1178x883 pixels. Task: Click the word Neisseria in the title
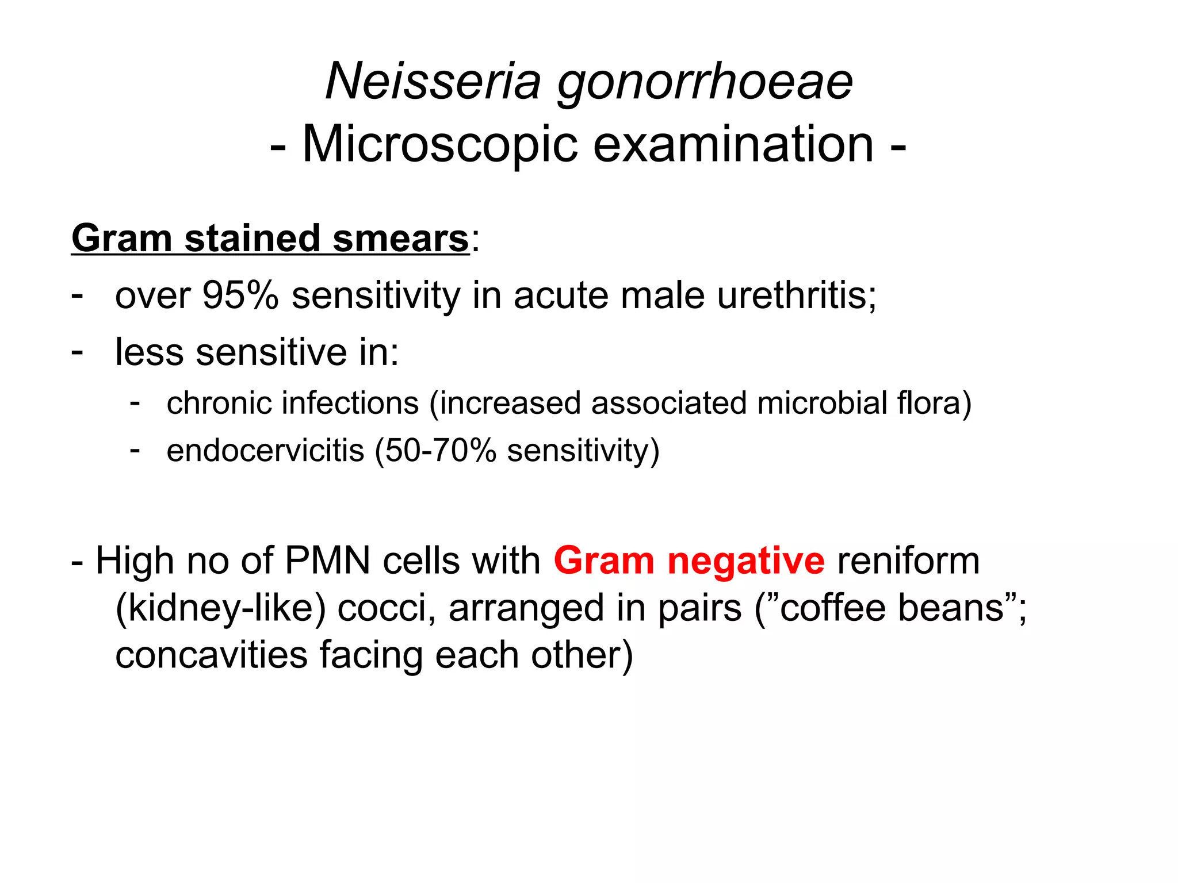(x=433, y=82)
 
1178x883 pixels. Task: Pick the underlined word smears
(x=400, y=239)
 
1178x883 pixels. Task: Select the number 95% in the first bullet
(x=240, y=295)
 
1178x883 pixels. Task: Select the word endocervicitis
(x=265, y=450)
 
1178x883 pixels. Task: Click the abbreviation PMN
(x=327, y=560)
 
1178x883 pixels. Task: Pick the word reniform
(x=908, y=560)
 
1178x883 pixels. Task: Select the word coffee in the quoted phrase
(x=832, y=608)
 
